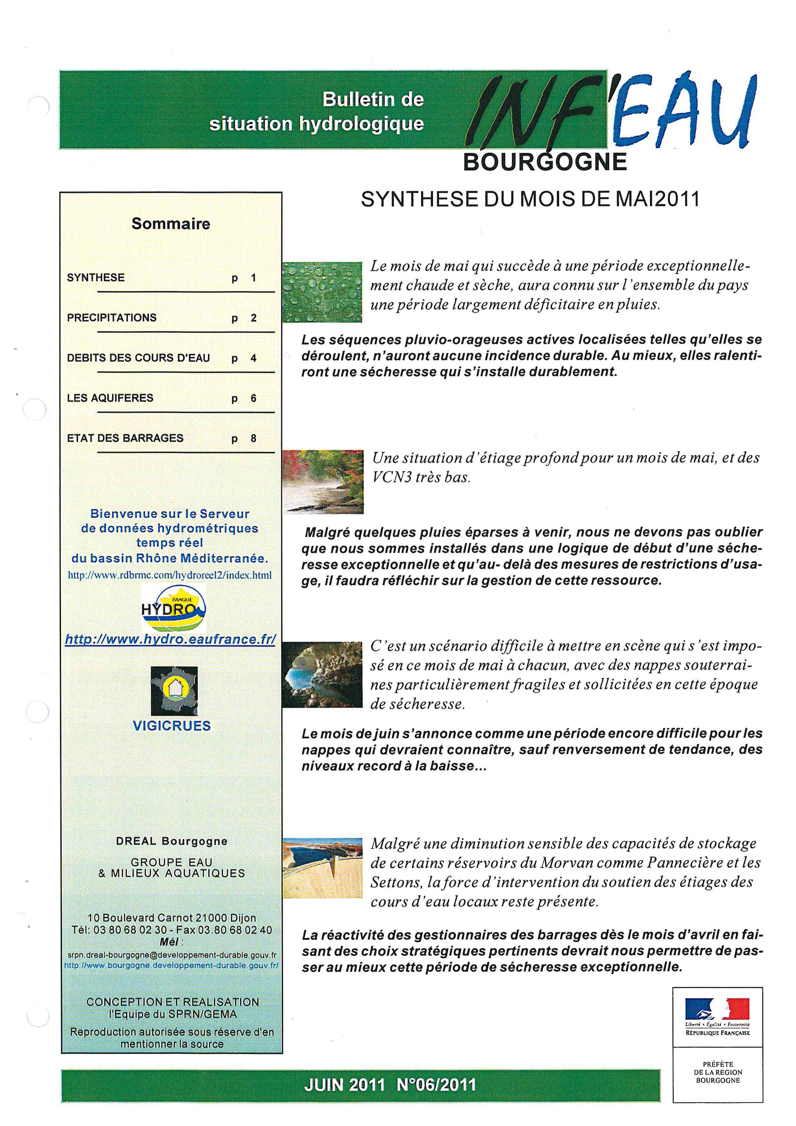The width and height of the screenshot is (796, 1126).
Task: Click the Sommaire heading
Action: (x=170, y=224)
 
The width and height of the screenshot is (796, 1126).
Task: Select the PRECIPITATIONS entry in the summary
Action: (x=112, y=318)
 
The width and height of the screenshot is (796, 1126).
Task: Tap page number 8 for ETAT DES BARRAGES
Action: (x=254, y=439)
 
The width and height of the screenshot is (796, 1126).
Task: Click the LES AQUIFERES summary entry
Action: (x=110, y=398)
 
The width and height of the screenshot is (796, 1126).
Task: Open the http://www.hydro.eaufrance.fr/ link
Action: (x=170, y=640)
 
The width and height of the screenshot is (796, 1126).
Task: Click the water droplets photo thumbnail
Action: (x=322, y=292)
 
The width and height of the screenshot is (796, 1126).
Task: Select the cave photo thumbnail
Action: (x=322, y=675)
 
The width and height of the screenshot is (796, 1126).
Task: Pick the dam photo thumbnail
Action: (x=322, y=869)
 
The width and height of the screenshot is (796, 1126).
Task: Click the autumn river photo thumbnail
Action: (x=323, y=482)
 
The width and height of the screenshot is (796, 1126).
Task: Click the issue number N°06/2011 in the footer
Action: (x=436, y=1084)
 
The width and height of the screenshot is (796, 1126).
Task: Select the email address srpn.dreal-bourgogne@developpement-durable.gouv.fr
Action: (x=171, y=955)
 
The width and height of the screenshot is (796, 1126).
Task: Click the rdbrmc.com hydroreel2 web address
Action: (x=169, y=575)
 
